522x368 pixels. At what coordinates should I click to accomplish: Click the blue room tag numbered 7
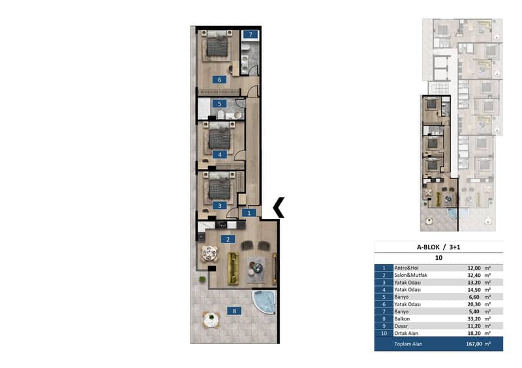[x=251, y=35]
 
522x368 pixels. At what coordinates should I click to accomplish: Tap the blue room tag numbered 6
[x=219, y=79]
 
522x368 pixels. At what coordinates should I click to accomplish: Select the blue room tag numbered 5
[x=219, y=104]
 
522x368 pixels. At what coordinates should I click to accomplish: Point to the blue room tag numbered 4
[x=220, y=154]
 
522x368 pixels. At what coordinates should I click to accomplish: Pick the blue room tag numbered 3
[x=220, y=206]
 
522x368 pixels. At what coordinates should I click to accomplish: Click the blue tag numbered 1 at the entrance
[x=249, y=213]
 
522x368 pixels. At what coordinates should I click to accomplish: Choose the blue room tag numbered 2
[x=228, y=239]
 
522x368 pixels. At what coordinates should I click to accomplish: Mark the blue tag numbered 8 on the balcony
[x=234, y=311]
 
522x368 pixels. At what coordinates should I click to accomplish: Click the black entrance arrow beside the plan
[x=279, y=207]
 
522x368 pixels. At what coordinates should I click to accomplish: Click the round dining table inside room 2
[x=209, y=253]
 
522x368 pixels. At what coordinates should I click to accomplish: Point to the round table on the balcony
[x=211, y=320]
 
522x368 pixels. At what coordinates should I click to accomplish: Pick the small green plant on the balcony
[x=202, y=279]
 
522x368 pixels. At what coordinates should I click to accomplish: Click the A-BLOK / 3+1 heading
[x=438, y=247]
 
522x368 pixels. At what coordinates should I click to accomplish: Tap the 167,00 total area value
[x=474, y=344]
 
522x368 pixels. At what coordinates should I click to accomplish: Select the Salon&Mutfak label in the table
[x=410, y=276]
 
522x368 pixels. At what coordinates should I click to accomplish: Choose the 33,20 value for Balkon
[x=474, y=318]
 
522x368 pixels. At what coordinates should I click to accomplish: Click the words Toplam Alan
[x=408, y=344]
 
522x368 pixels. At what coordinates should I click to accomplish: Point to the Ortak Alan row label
[x=407, y=333]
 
